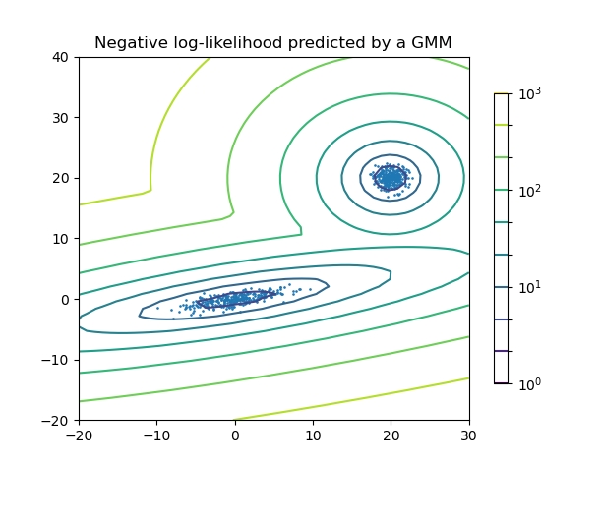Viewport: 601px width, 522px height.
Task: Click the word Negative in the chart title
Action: click(129, 42)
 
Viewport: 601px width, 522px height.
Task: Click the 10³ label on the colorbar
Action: click(529, 94)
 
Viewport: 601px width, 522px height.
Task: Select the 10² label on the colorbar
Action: click(529, 191)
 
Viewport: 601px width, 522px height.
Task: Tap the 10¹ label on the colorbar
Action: click(529, 287)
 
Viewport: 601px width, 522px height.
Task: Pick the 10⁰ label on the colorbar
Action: click(529, 384)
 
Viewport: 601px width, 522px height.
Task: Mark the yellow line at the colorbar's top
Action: click(501, 93)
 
